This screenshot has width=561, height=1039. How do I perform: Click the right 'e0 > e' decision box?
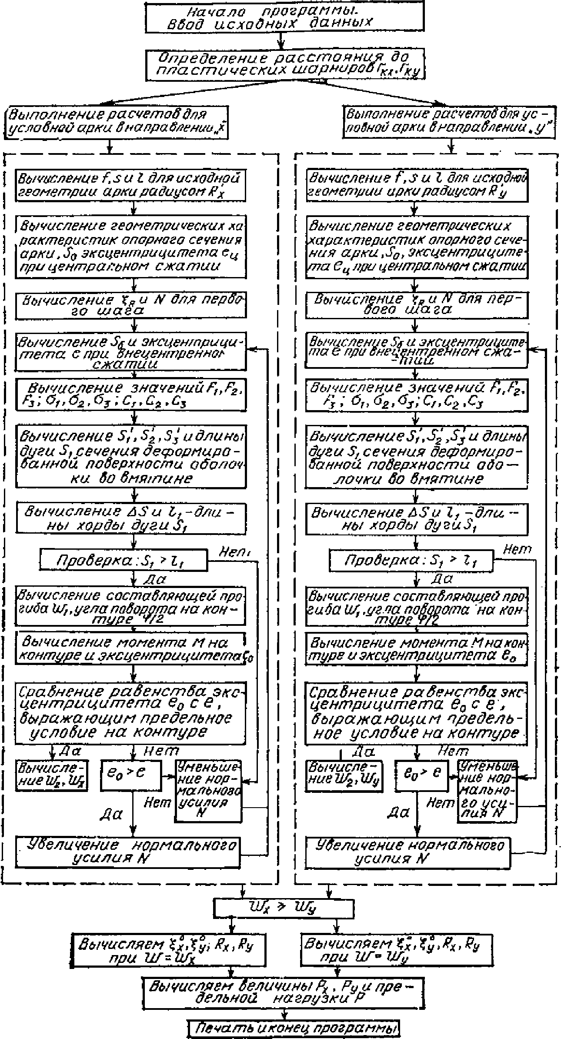click(421, 775)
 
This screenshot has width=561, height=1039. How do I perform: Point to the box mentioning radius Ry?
click(417, 185)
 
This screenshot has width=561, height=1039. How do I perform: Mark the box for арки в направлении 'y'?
click(449, 123)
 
